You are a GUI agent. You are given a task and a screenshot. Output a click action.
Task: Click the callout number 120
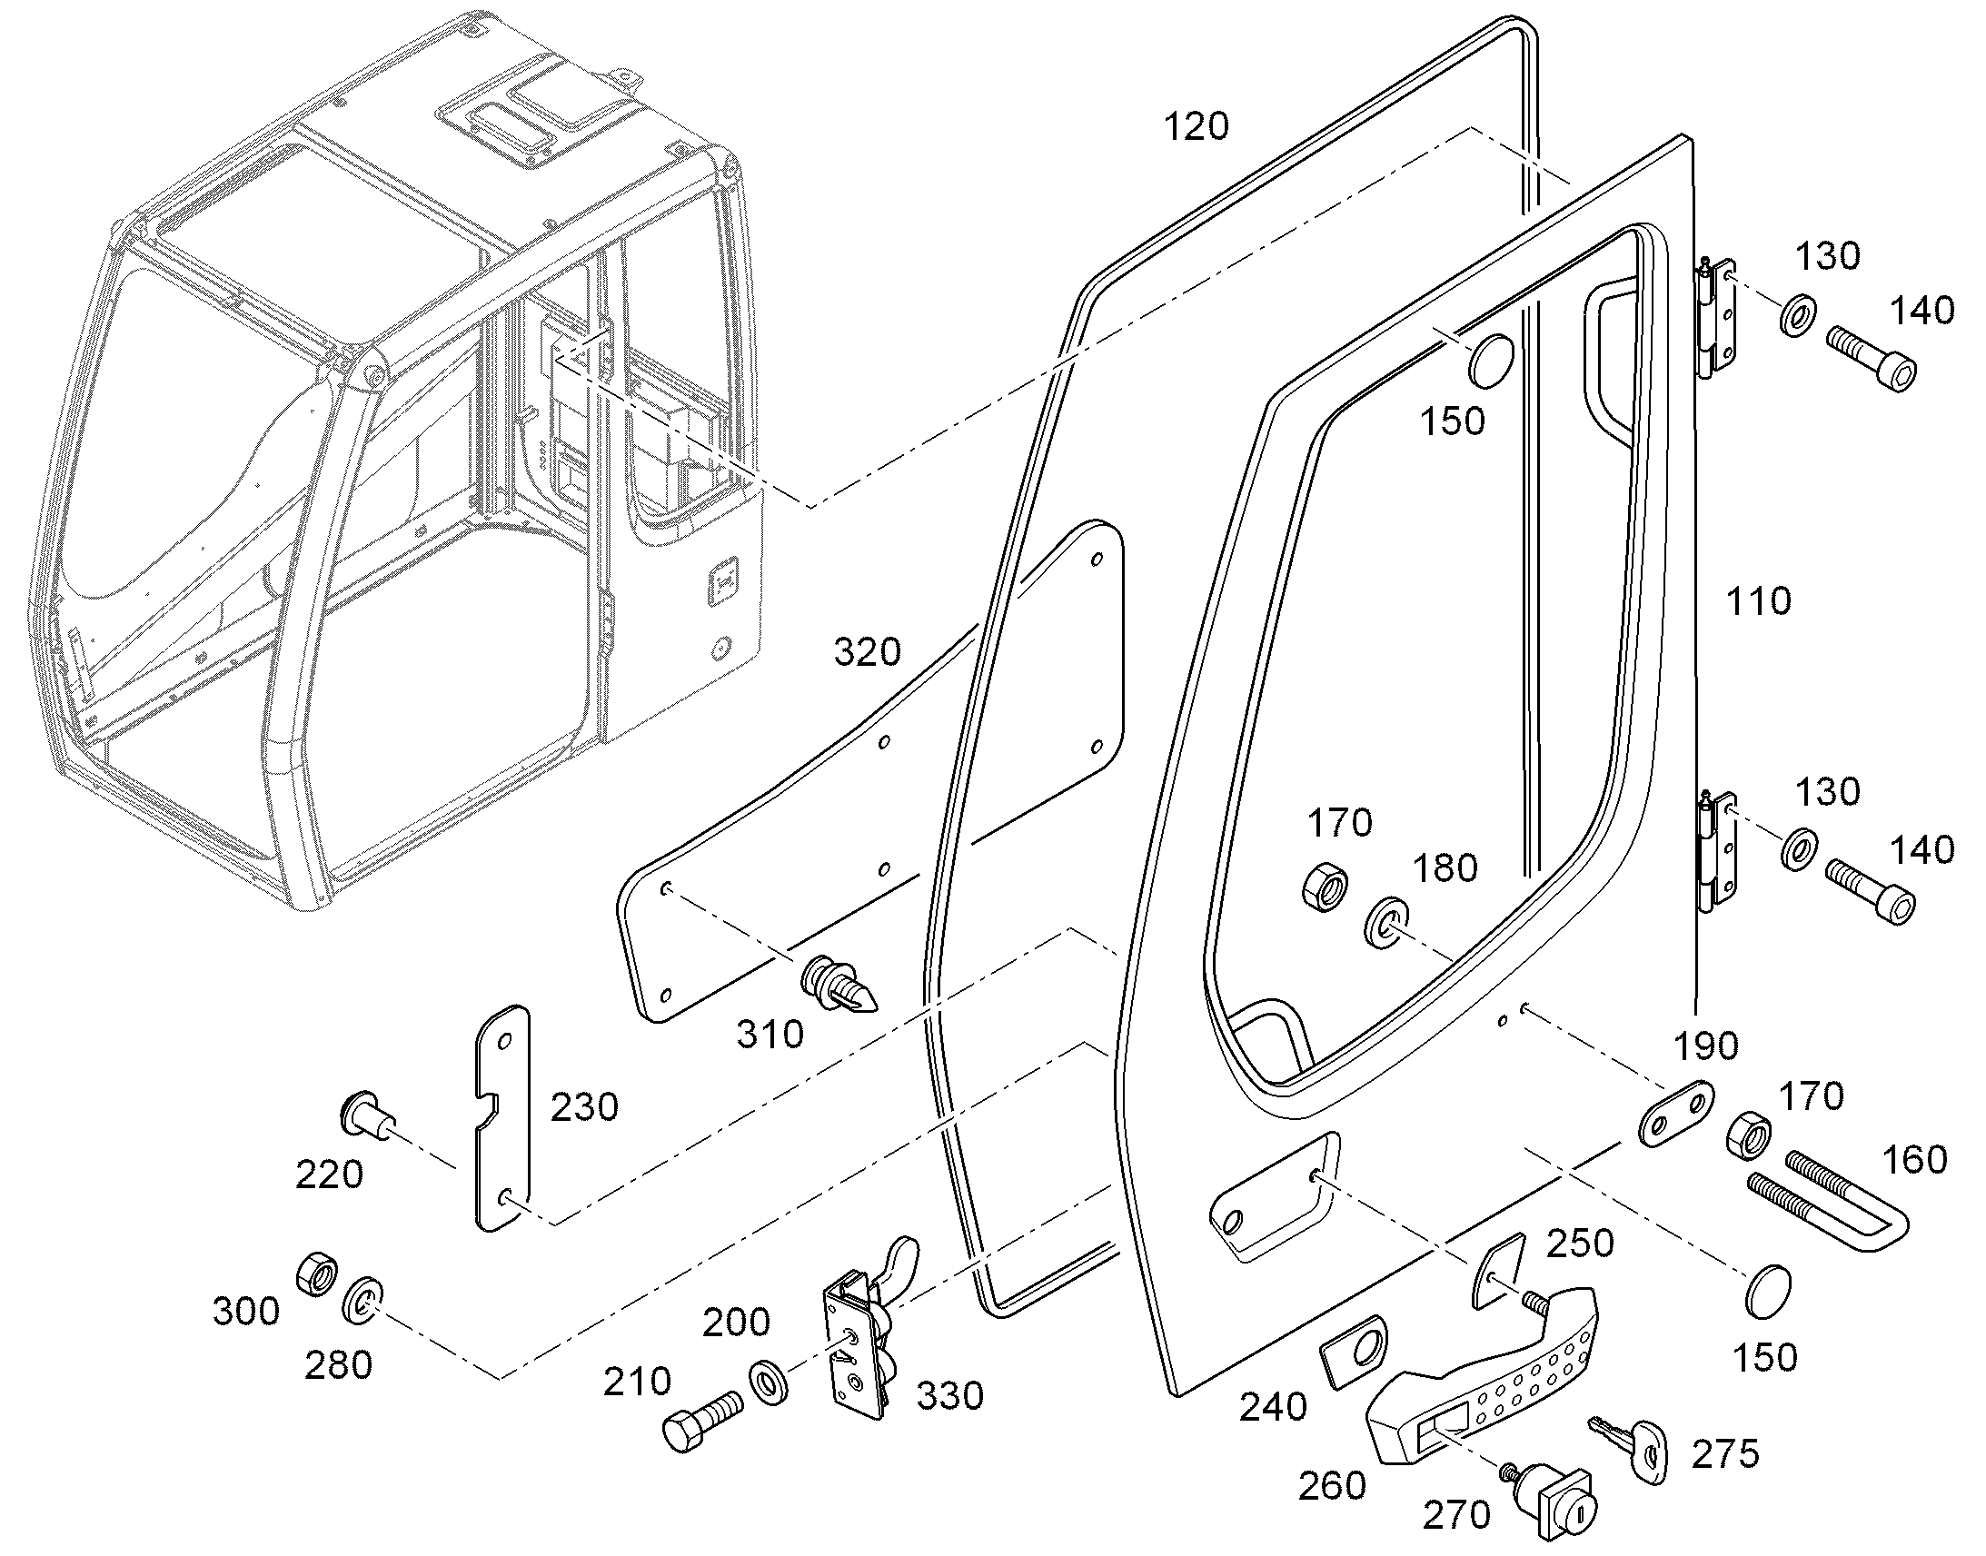(1197, 126)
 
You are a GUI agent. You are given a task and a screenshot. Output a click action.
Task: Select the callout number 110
(1758, 601)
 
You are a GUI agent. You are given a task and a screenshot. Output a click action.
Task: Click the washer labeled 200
(770, 1383)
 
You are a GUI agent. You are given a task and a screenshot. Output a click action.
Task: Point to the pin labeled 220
(365, 1115)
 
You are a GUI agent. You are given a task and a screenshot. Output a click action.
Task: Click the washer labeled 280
(362, 1302)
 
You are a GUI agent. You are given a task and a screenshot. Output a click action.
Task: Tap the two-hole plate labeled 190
(1675, 1114)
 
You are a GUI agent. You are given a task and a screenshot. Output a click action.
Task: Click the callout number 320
(868, 652)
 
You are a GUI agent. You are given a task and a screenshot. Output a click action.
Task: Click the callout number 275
(1725, 1454)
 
